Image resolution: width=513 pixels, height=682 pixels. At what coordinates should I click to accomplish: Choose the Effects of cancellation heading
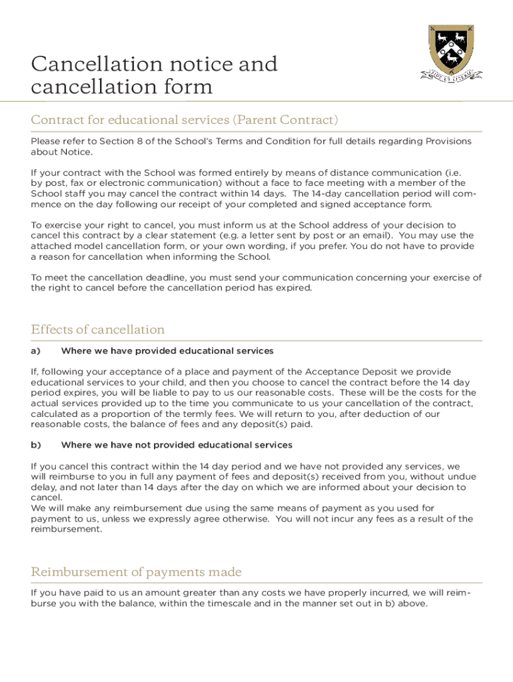tap(98, 330)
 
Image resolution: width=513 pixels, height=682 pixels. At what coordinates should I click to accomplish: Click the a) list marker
tap(36, 351)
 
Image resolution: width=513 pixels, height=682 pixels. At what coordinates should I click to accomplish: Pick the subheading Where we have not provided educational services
tap(177, 445)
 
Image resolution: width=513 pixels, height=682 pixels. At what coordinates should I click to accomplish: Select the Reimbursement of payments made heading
tap(136, 572)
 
